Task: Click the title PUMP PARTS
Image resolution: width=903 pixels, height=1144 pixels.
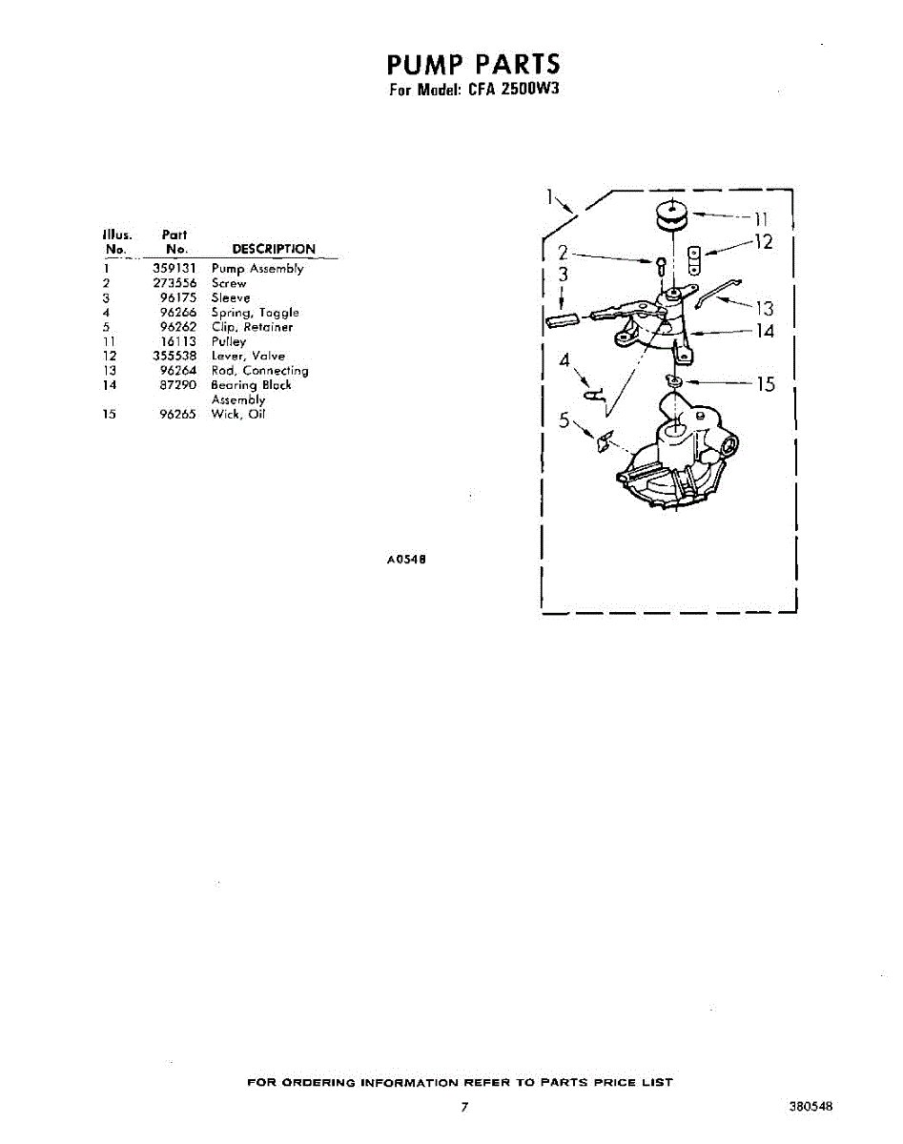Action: [474, 65]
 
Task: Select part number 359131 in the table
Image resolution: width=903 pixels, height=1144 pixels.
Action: [174, 269]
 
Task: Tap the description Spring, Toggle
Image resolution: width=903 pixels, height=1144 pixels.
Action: [255, 313]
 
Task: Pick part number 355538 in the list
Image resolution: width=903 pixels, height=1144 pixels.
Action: [174, 356]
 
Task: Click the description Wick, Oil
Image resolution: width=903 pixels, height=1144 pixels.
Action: [237, 415]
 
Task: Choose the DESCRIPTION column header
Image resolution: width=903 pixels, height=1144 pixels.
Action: [273, 249]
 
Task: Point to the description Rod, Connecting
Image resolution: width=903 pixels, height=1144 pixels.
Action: [259, 371]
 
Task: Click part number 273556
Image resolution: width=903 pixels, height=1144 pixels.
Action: [174, 283]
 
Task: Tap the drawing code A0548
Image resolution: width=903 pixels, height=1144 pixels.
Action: [405, 560]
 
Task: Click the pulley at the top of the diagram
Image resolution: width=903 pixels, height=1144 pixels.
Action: [671, 216]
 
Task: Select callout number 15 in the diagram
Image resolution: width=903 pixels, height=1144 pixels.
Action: [766, 384]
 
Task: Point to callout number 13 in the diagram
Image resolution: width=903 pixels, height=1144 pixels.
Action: [765, 308]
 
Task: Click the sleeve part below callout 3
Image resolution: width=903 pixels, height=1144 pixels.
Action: [563, 317]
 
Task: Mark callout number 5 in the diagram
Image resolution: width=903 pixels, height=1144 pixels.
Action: [564, 420]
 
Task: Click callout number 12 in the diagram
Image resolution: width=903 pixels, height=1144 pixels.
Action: [763, 242]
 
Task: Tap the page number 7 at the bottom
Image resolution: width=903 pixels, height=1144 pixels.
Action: [464, 1107]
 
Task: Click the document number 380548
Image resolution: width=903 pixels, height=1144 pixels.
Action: [811, 1107]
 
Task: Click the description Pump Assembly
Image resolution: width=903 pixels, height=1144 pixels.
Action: [257, 269]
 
